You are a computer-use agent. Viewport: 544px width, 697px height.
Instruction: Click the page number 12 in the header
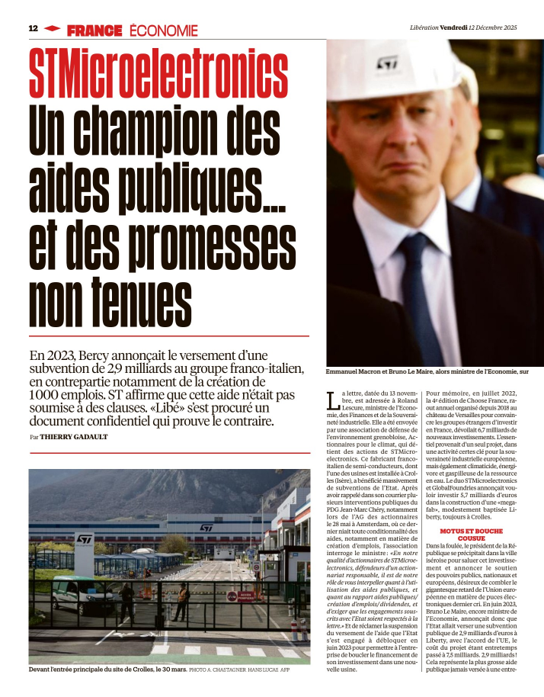click(x=33, y=28)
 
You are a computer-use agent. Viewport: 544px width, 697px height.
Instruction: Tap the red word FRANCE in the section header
click(x=94, y=31)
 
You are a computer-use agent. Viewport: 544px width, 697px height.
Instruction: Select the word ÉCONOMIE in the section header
click(x=163, y=31)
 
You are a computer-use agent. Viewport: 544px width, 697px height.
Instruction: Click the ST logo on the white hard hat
click(x=388, y=63)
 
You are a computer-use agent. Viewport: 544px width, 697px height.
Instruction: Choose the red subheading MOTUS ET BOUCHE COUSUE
click(x=471, y=534)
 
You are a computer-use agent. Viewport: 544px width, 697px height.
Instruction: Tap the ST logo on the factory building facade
click(x=206, y=527)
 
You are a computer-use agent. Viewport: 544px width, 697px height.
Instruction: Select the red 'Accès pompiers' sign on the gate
click(x=249, y=596)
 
